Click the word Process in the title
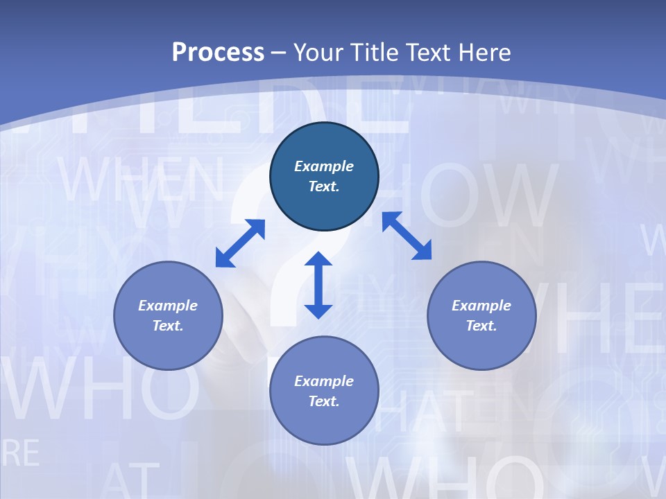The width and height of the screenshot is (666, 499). pos(218,53)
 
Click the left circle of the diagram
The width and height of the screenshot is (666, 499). pos(168,315)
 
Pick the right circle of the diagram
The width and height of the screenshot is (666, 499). pos(481,315)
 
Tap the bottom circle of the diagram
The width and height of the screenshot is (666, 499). pos(324,391)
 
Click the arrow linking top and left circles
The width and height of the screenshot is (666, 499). pos(241,243)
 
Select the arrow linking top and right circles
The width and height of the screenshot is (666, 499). pos(407,236)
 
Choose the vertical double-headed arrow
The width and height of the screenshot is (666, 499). pos(318,285)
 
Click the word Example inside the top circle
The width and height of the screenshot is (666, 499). pos(324,166)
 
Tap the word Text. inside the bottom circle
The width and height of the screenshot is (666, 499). pos(324,401)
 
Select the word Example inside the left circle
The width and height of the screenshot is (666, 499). pos(168,306)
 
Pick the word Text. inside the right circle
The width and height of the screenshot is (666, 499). pos(481,326)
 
